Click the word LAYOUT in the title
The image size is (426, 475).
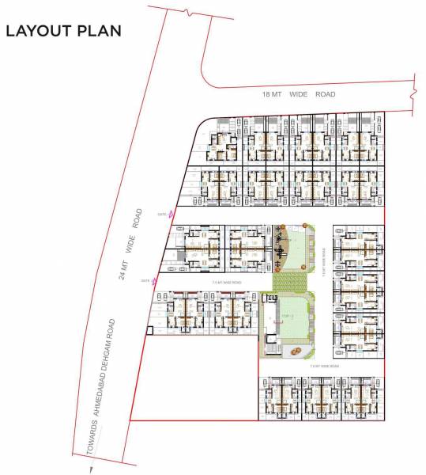[37, 31]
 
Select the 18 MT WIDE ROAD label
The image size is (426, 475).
[299, 94]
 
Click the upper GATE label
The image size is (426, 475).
[162, 214]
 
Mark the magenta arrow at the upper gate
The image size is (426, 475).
[172, 214]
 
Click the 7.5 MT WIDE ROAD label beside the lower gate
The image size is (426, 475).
[227, 283]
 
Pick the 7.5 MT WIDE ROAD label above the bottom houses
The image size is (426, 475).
[324, 367]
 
